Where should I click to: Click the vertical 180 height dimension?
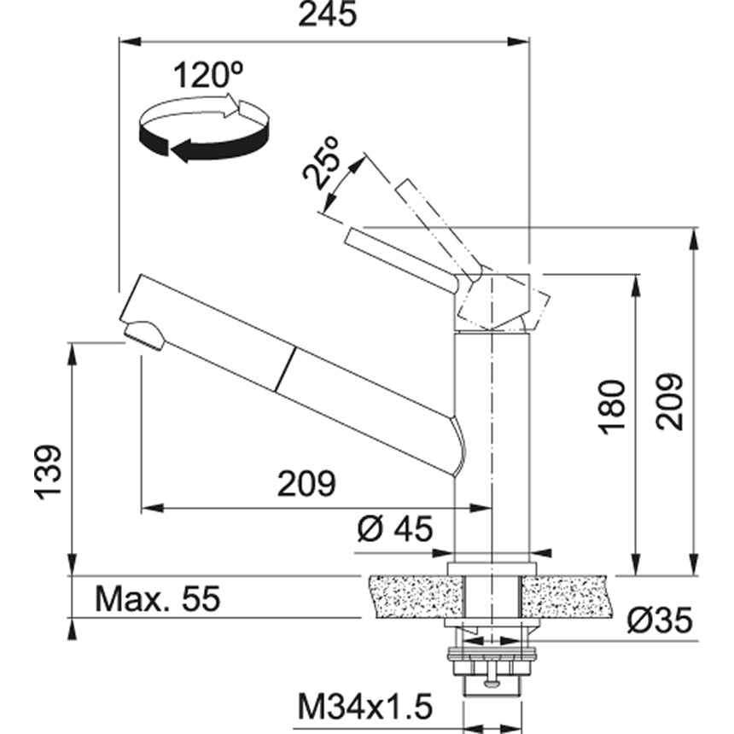click(612, 407)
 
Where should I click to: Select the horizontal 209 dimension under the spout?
click(306, 484)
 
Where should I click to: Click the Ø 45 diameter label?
click(395, 529)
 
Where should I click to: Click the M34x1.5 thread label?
click(365, 708)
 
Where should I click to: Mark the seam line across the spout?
click(286, 369)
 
